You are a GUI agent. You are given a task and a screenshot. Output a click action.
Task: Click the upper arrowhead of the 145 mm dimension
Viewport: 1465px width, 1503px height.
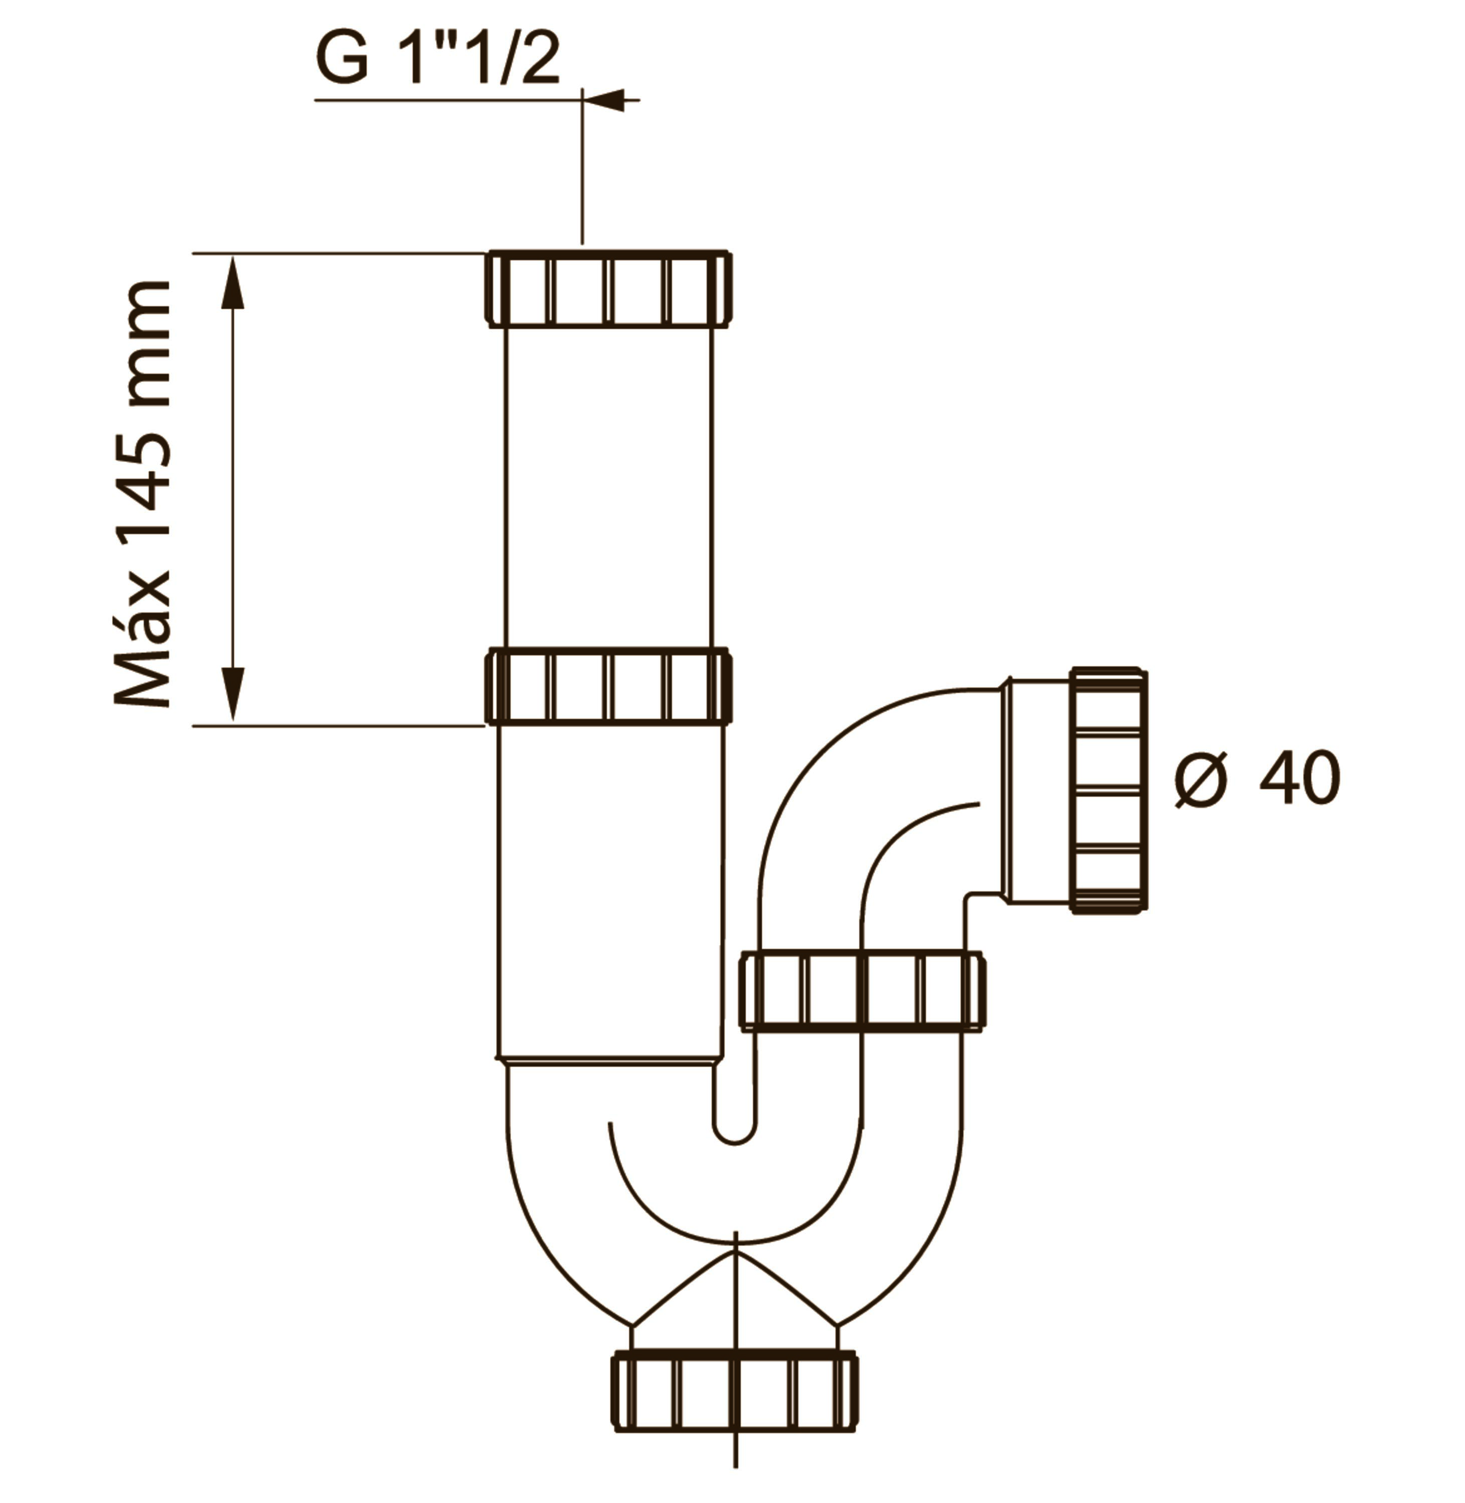[233, 281]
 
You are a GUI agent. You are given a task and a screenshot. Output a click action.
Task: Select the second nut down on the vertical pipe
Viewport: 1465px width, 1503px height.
[608, 685]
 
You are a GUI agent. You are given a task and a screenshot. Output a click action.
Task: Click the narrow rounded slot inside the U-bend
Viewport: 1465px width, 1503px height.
[735, 1112]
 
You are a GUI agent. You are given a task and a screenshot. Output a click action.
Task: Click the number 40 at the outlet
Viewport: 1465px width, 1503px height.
[1300, 779]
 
